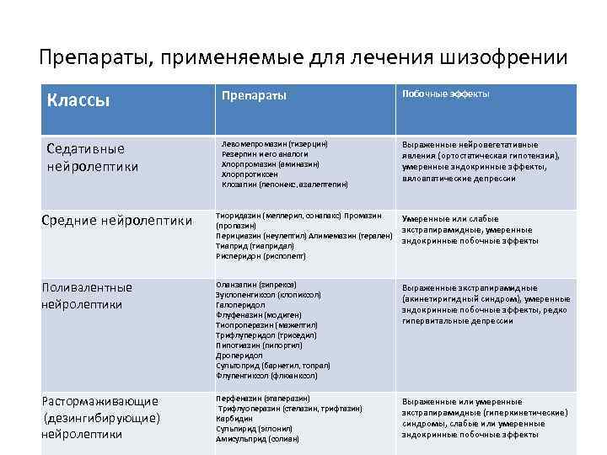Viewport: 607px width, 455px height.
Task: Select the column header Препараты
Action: (x=254, y=95)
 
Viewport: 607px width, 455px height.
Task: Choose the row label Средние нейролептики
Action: (x=117, y=222)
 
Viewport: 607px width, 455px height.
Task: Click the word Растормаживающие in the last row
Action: (x=100, y=401)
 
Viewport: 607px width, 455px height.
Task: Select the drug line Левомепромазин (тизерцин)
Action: (x=274, y=144)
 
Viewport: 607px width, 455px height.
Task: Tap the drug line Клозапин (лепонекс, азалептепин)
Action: (x=284, y=184)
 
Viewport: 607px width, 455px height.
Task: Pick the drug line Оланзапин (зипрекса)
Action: (x=256, y=285)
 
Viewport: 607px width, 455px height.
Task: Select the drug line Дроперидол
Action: (x=240, y=356)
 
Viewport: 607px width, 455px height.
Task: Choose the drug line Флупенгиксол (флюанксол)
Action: (x=266, y=376)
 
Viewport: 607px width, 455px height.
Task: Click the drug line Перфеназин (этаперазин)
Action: (x=263, y=398)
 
